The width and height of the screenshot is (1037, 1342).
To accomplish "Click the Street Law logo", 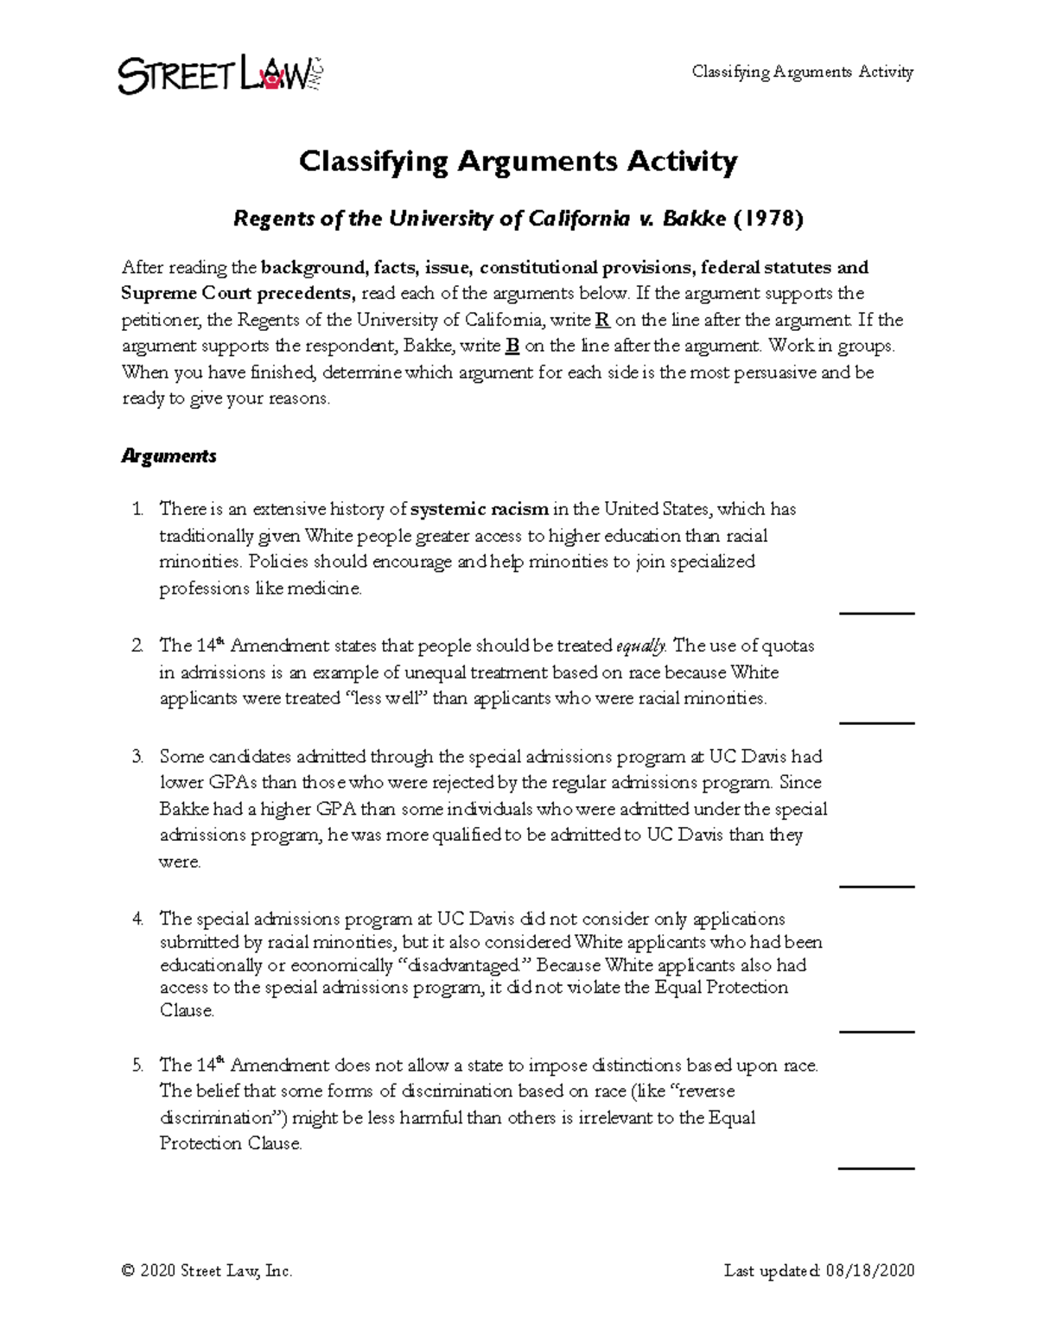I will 220,75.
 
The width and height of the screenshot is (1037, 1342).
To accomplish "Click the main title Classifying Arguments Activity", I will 518,162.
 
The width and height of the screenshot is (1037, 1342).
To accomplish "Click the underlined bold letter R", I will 603,320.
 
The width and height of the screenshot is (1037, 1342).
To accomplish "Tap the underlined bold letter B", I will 512,347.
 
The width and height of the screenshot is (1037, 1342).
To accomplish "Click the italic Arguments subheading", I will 169,456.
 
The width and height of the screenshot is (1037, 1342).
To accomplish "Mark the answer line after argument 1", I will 876,613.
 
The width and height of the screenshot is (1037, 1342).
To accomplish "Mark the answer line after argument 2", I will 876,722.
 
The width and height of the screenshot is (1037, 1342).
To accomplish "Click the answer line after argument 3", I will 876,886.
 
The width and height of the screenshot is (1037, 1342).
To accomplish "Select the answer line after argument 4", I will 876,1031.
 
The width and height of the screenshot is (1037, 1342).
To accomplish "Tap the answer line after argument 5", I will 876,1168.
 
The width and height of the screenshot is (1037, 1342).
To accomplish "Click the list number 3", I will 137,757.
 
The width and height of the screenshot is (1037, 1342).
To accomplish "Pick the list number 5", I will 137,1065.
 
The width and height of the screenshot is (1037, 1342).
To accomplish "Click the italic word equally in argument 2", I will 641,646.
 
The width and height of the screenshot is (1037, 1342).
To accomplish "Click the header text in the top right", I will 802,73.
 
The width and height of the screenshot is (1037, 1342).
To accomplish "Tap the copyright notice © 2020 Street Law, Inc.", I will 207,1270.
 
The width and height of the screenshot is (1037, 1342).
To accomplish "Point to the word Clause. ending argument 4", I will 187,1011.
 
